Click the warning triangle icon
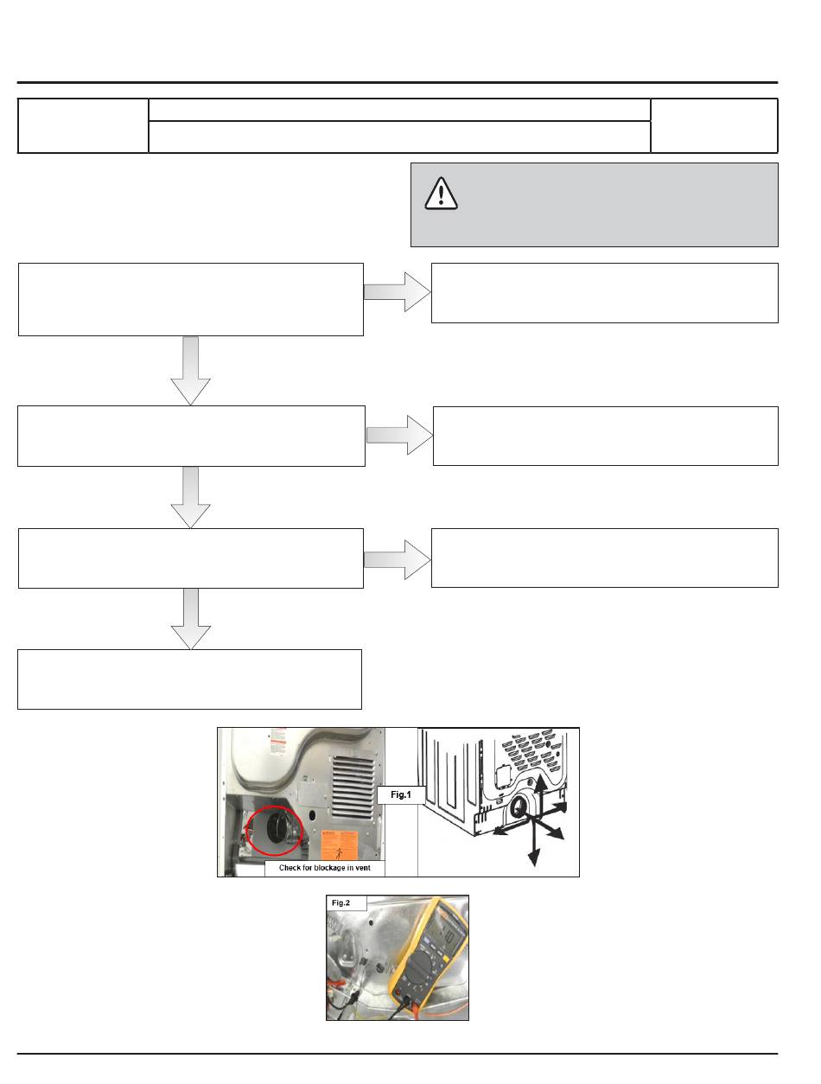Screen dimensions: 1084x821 (441, 194)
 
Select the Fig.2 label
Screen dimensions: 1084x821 (342, 903)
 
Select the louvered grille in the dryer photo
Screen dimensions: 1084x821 (355, 771)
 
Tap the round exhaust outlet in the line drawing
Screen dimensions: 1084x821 (519, 808)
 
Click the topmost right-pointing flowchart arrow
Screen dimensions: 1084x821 (397, 292)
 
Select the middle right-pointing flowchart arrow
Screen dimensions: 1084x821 (399, 435)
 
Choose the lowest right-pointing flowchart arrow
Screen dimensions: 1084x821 (397, 558)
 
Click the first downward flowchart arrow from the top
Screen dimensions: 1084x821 (191, 370)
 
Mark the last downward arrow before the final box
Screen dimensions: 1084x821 (191, 619)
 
